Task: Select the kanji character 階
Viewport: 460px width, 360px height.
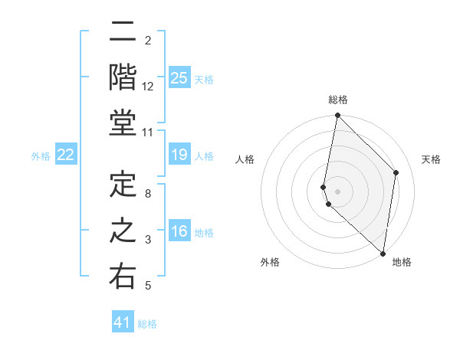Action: tap(123, 78)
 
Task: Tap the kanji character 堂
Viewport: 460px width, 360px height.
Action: tap(123, 124)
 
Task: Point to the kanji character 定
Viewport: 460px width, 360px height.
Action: tap(123, 186)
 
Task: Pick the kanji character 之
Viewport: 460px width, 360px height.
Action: tap(123, 232)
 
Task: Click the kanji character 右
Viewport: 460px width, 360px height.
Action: tap(123, 277)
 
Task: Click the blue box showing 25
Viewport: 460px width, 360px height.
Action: tap(179, 77)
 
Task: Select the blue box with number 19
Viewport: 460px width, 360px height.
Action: tap(179, 155)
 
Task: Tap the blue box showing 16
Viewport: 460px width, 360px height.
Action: tap(179, 232)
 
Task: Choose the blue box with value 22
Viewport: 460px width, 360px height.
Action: tap(66, 155)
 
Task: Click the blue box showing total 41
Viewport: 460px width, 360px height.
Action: tap(123, 322)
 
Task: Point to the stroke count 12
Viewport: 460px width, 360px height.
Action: tap(148, 87)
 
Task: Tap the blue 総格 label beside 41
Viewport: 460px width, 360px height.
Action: tap(148, 324)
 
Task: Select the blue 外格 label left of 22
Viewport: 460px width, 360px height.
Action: tap(41, 156)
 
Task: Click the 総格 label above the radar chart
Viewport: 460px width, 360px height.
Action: tap(338, 100)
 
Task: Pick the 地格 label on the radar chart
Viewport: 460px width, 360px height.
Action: tap(402, 262)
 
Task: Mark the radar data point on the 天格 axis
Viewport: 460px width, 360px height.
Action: tap(396, 172)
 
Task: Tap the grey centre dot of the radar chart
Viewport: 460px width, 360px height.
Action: tap(338, 190)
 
